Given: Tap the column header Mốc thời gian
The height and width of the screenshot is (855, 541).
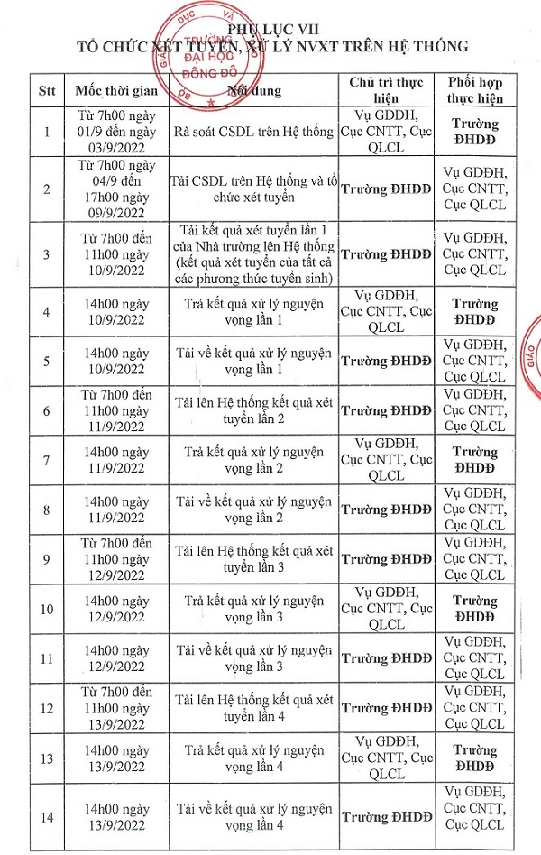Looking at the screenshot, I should pyautogui.click(x=117, y=90).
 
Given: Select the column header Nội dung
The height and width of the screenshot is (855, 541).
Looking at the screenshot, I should pyautogui.click(x=254, y=90).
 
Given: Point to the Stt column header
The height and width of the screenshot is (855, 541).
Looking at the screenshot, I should pyautogui.click(x=47, y=90).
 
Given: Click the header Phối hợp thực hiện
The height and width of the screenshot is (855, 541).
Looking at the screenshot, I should pyautogui.click(x=475, y=90).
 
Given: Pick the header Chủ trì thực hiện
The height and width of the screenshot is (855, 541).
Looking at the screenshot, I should pyautogui.click(x=386, y=90).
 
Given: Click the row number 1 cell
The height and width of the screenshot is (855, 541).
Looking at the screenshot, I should pyautogui.click(x=47, y=133).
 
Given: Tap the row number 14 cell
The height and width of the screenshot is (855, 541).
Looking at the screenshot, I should pyautogui.click(x=47, y=818).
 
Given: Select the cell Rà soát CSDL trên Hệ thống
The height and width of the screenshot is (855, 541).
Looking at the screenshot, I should pyautogui.click(x=255, y=133).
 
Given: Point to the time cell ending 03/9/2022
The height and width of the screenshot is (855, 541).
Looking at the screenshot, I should pyautogui.click(x=117, y=133).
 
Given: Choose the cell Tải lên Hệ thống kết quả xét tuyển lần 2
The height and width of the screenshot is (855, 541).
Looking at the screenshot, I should pyautogui.click(x=255, y=410).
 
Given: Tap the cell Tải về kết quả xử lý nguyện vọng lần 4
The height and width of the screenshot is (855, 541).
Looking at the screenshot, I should pyautogui.click(x=255, y=818).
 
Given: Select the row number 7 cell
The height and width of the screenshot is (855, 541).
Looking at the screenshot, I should pyautogui.click(x=47, y=460).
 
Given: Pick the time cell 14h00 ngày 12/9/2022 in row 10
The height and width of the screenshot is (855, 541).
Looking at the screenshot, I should pyautogui.click(x=117, y=608).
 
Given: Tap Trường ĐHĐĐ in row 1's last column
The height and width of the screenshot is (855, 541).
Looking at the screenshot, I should pyautogui.click(x=475, y=133).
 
